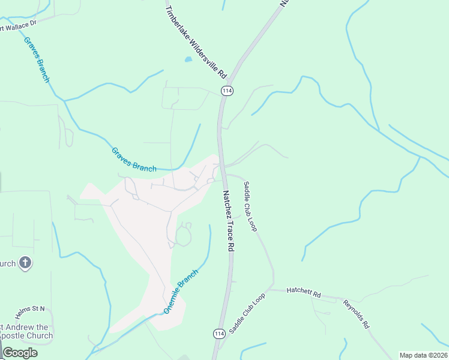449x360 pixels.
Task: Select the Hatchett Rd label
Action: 304,294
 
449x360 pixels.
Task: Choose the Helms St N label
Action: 30,308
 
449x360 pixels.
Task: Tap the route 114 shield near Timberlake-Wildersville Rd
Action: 227,91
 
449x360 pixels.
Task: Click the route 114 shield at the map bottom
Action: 218,333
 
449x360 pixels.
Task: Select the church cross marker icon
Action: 25,263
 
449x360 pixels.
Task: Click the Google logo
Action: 20,352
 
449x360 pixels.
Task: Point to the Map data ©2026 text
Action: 424,355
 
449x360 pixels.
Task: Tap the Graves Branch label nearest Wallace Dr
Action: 37,59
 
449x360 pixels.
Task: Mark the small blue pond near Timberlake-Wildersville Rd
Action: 188,59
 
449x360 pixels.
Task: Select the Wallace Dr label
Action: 19,24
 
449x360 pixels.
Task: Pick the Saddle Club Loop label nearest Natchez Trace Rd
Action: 250,206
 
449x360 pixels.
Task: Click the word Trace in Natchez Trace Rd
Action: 229,223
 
